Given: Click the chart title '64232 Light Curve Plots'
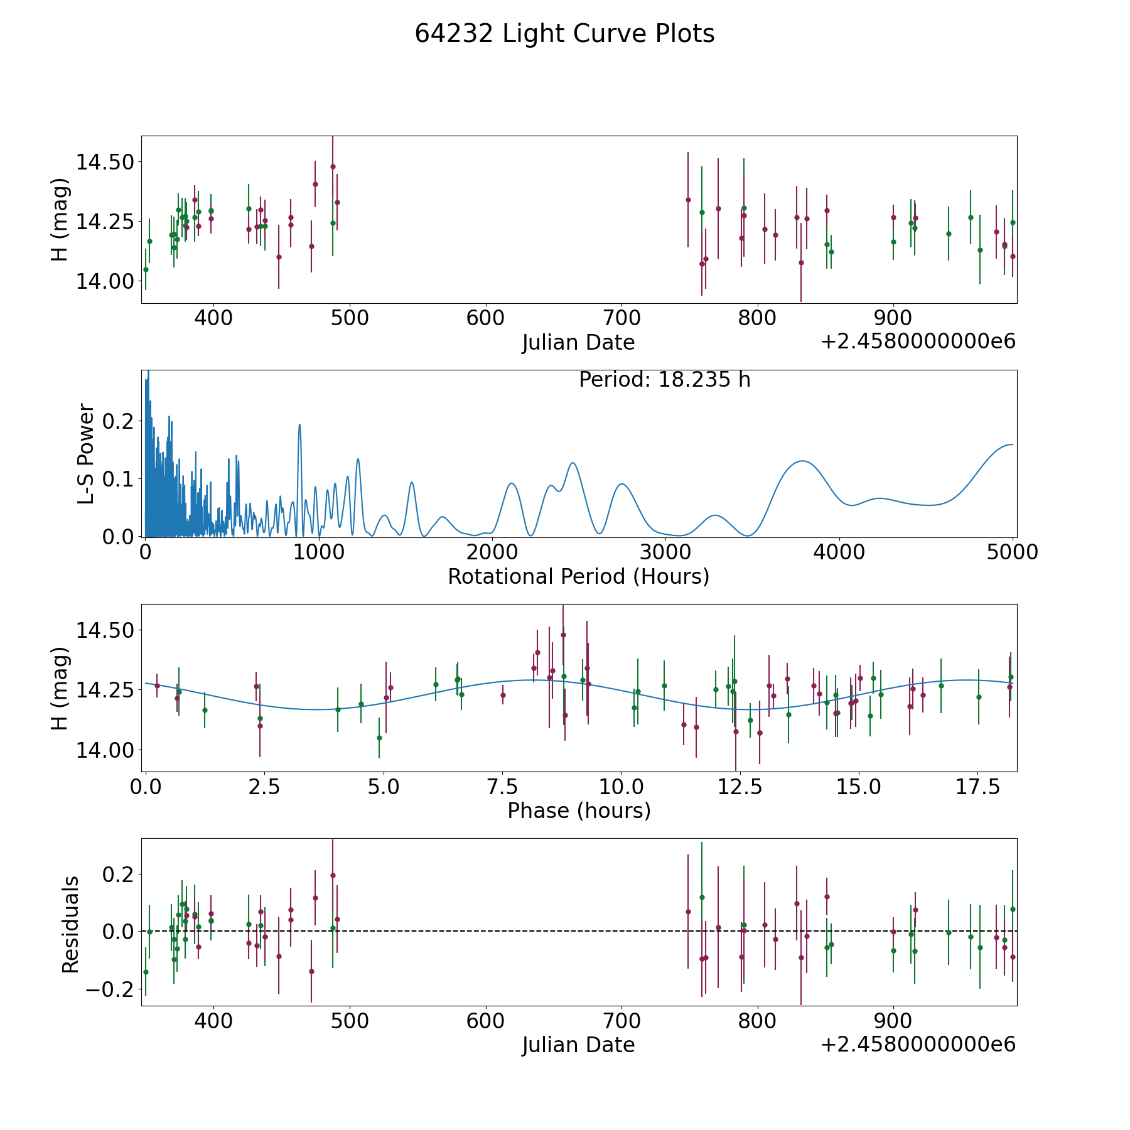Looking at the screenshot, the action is point(564,34).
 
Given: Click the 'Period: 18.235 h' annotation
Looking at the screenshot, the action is point(665,380).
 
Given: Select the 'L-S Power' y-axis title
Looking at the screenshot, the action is point(87,453).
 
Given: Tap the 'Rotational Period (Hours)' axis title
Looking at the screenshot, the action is point(579,576).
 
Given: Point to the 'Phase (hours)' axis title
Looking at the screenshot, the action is point(579,810).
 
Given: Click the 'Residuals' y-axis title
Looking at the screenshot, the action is point(70,925).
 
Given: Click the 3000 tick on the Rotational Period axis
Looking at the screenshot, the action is point(665,552).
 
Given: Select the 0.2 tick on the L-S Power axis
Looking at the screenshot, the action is point(119,421).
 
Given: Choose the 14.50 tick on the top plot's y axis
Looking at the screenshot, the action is point(105,162).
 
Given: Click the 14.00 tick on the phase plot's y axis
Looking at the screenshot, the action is point(105,750).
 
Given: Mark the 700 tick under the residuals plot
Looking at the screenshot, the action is point(621,1021).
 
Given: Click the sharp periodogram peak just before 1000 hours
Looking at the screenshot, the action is point(299,424).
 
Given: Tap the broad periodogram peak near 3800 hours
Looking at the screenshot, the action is point(802,461).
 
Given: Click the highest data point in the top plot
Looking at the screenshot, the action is point(333,166).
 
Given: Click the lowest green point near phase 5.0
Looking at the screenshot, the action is point(379,738).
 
